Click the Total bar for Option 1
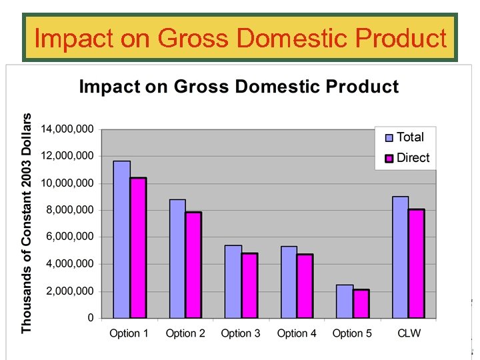121,239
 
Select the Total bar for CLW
400,257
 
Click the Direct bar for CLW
417,263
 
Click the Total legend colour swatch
389,138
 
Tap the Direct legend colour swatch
389,159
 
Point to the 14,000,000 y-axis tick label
67,129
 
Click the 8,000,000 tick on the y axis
70,210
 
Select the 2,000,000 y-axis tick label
70,291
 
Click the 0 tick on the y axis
91,319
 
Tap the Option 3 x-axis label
241,333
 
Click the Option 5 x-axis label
352,333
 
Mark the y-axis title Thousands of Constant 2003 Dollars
27,223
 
